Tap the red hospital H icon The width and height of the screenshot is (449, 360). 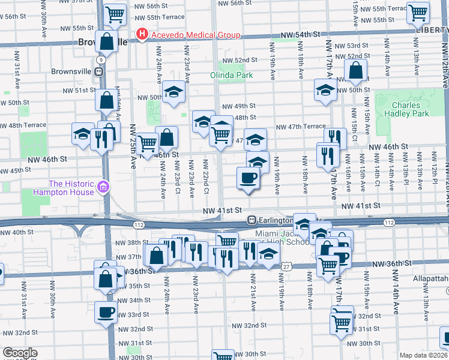pyautogui.click(x=142, y=34)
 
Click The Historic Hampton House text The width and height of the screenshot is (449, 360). pyautogui.click(x=71, y=188)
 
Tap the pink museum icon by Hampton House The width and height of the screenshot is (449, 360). pyautogui.click(x=103, y=188)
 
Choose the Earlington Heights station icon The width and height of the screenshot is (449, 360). pyautogui.click(x=253, y=220)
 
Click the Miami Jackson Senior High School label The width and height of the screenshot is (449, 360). pyautogui.click(x=282, y=238)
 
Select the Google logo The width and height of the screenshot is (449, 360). pyautogui.click(x=19, y=353)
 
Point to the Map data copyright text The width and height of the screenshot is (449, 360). pyautogui.click(x=423, y=355)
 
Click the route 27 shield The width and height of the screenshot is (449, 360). pyautogui.click(x=287, y=266)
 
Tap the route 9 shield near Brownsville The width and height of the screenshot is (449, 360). pyautogui.click(x=102, y=60)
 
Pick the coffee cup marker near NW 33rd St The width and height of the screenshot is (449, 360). pyautogui.click(x=106, y=312)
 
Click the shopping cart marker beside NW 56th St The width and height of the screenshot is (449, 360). pyautogui.click(x=115, y=13)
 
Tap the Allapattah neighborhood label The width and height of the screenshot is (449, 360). pyautogui.click(x=430, y=280)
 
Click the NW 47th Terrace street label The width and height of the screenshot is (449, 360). pyautogui.click(x=301, y=127)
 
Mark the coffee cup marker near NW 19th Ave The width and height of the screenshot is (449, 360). pyautogui.click(x=248, y=178)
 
